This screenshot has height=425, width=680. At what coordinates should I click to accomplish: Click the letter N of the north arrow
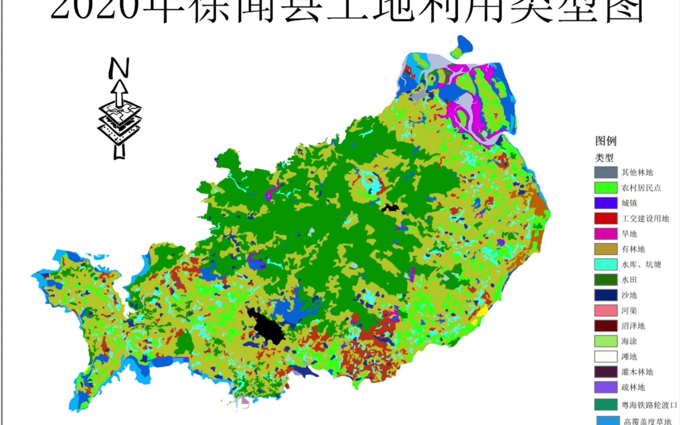pyautogui.click(x=119, y=68)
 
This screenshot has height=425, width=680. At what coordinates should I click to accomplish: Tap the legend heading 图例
pyautogui.click(x=606, y=141)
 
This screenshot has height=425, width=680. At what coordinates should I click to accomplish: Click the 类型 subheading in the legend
pyautogui.click(x=604, y=158)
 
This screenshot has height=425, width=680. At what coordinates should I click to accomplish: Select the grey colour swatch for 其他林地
pyautogui.click(x=606, y=172)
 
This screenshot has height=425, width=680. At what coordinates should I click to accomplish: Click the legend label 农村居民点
pyautogui.click(x=641, y=188)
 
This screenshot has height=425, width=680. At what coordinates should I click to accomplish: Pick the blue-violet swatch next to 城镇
pyautogui.click(x=606, y=203)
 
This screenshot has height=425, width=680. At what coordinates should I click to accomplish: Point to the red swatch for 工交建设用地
pyautogui.click(x=606, y=218)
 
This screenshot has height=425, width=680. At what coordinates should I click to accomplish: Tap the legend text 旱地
pyautogui.click(x=629, y=234)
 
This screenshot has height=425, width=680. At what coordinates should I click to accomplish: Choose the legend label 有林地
pyautogui.click(x=633, y=249)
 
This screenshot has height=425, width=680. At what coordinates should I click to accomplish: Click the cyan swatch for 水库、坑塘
pyautogui.click(x=606, y=264)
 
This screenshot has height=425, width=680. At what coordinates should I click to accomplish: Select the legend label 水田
pyautogui.click(x=629, y=280)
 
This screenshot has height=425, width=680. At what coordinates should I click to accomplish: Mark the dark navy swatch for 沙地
pyautogui.click(x=606, y=295)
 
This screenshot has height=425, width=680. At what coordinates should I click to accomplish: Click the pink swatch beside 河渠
pyautogui.click(x=606, y=310)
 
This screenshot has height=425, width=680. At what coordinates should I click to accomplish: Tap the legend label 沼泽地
pyautogui.click(x=633, y=326)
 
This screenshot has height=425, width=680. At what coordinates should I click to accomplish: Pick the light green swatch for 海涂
pyautogui.click(x=606, y=341)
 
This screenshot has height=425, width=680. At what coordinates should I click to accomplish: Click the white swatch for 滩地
pyautogui.click(x=606, y=357)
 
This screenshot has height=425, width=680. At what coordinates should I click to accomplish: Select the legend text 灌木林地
pyautogui.click(x=637, y=372)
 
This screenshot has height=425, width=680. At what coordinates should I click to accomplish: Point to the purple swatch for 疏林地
pyautogui.click(x=606, y=387)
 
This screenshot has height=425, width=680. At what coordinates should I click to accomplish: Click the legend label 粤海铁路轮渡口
pyautogui.click(x=649, y=405)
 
